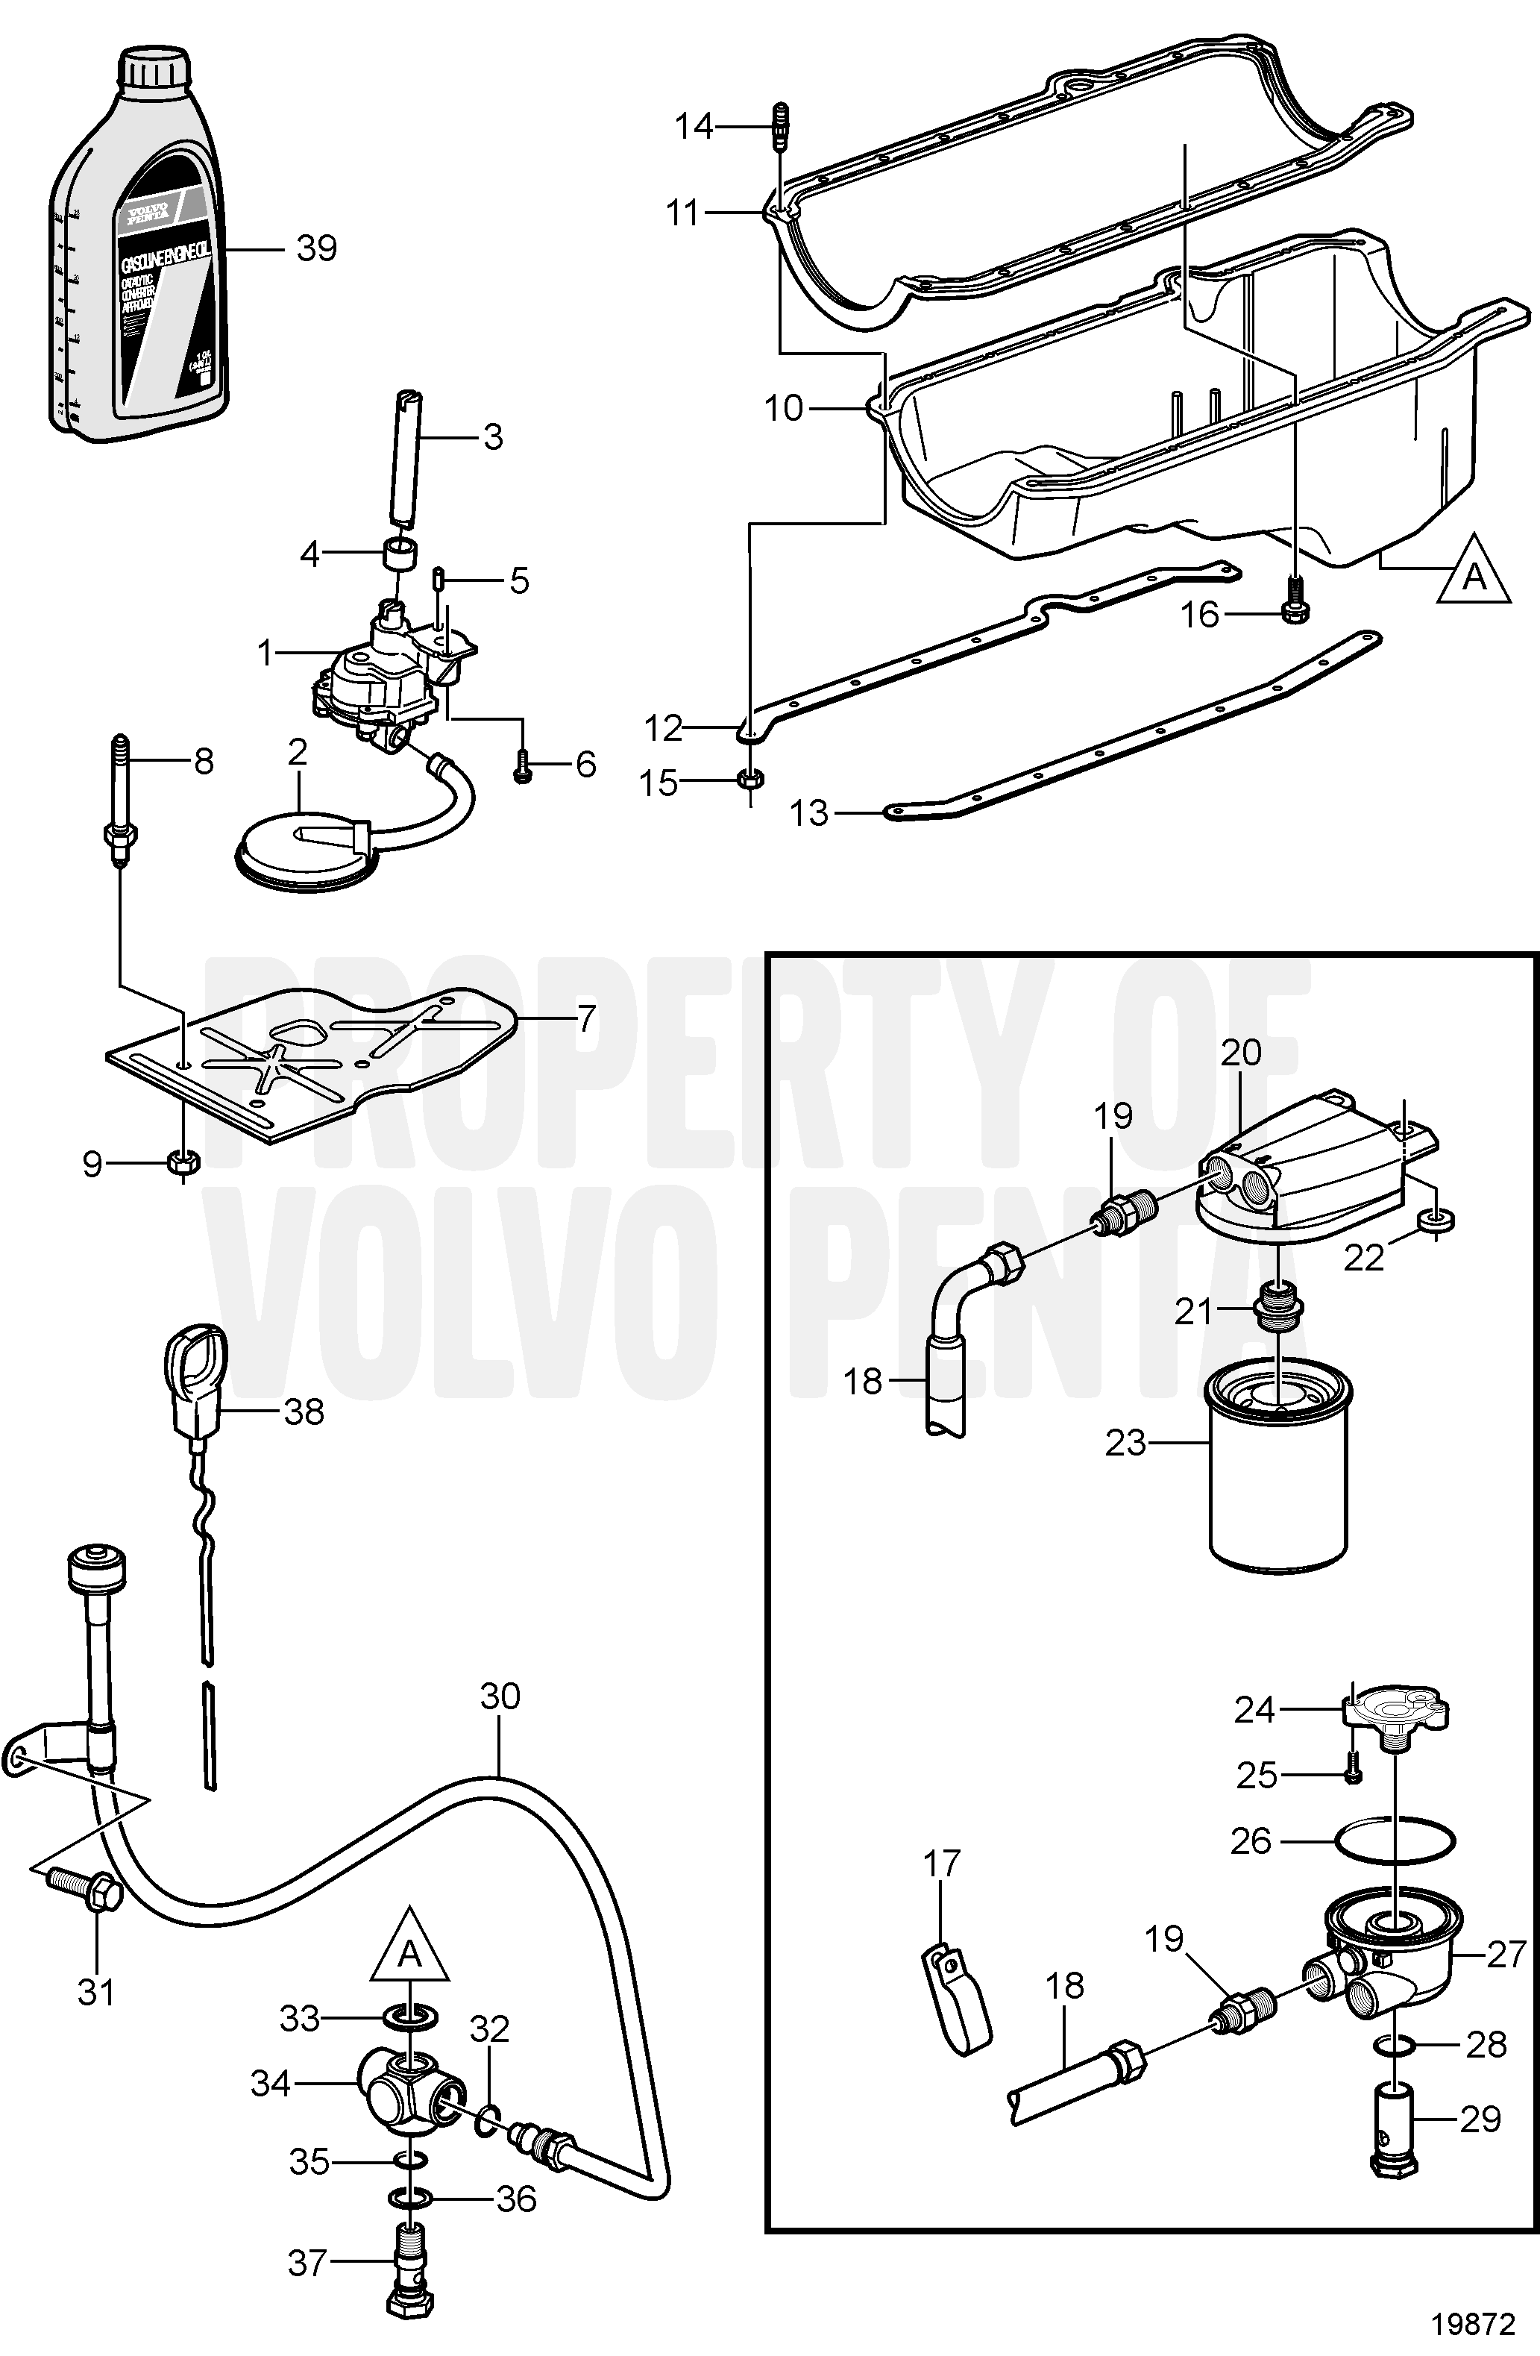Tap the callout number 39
(x=317, y=248)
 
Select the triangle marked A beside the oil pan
(x=1474, y=572)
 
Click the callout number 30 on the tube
(x=500, y=1696)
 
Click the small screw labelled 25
(x=1353, y=1774)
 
